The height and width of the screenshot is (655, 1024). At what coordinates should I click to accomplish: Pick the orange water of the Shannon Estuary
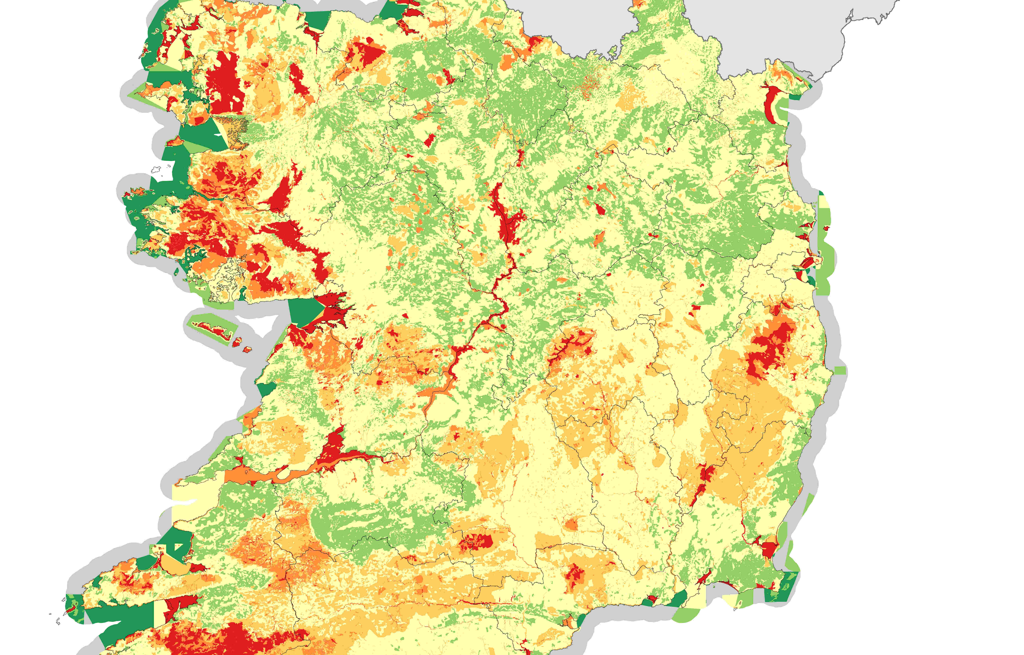coord(255,475)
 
